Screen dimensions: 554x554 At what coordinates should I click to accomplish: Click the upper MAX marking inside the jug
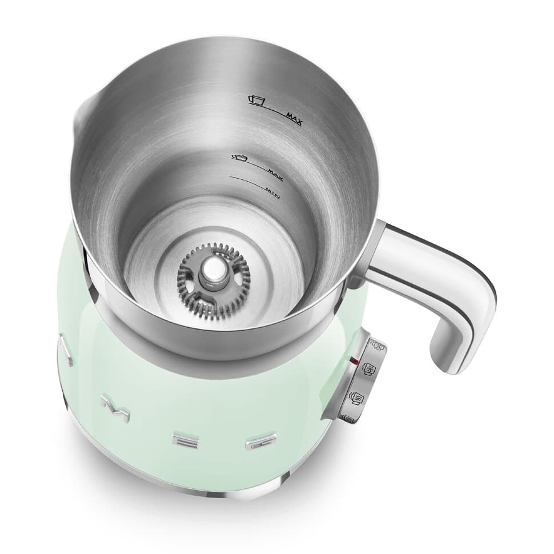[294, 118]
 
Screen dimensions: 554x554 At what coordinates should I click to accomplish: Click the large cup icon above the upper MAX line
[257, 101]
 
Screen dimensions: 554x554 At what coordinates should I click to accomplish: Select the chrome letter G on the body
[255, 443]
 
